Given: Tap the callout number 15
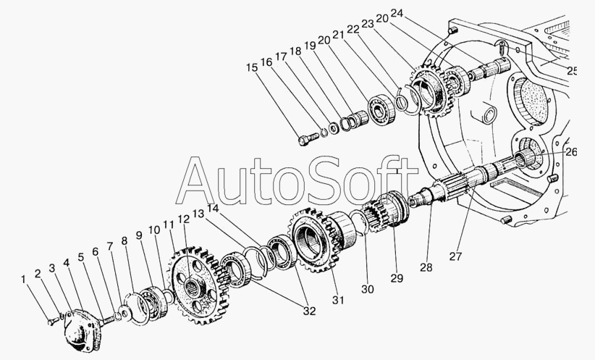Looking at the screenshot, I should (x=251, y=68).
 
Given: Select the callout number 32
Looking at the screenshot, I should (x=310, y=312).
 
